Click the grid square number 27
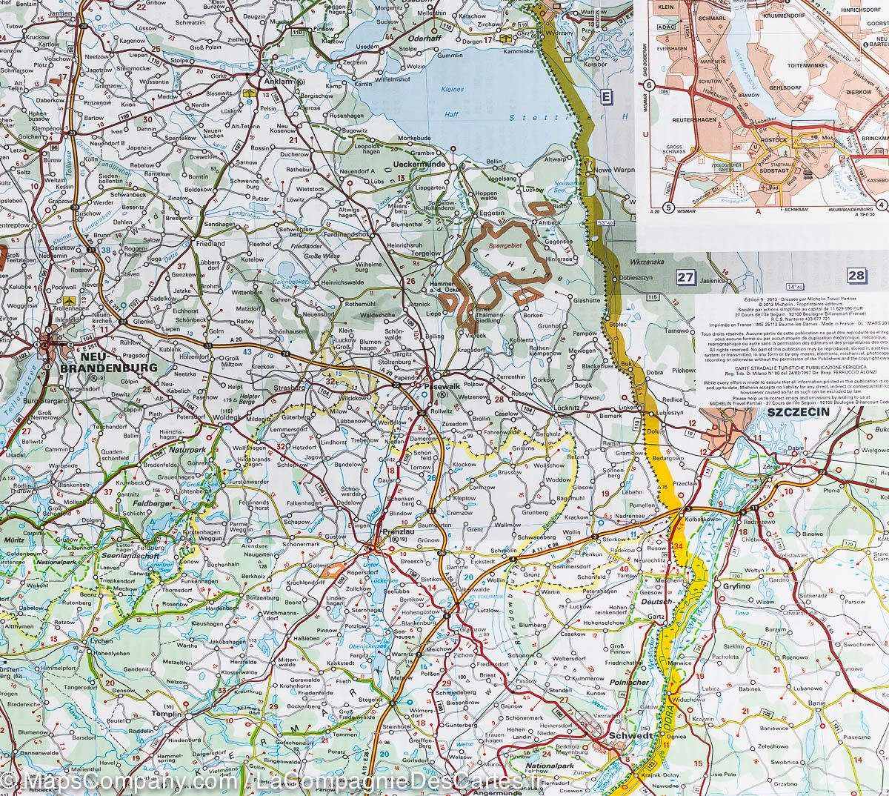click(x=686, y=277)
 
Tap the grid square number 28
click(x=856, y=276)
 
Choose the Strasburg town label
click(x=290, y=387)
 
